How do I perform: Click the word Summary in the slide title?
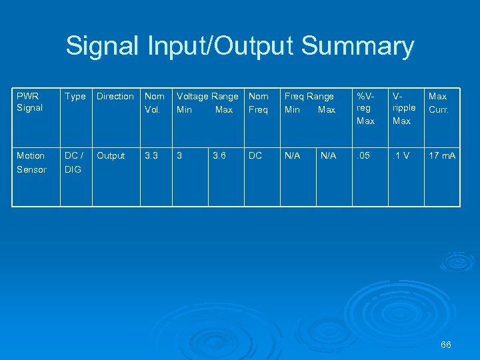(x=357, y=47)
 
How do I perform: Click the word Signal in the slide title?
(x=102, y=47)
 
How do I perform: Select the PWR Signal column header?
(x=30, y=102)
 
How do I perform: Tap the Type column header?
(x=75, y=97)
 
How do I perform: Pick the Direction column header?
(x=115, y=97)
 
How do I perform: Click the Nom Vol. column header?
(x=155, y=103)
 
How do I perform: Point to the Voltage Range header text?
(x=207, y=97)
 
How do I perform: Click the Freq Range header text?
(x=309, y=97)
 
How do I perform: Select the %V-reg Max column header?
(x=366, y=108)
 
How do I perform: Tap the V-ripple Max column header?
(x=403, y=108)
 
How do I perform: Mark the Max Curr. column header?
(x=438, y=103)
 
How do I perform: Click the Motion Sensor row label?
(x=31, y=162)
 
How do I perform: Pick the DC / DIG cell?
(x=73, y=162)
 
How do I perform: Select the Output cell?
(x=111, y=155)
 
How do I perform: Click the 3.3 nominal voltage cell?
(x=152, y=155)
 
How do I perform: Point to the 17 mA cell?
(x=442, y=155)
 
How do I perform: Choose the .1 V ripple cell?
(x=401, y=155)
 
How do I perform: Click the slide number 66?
(x=446, y=345)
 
